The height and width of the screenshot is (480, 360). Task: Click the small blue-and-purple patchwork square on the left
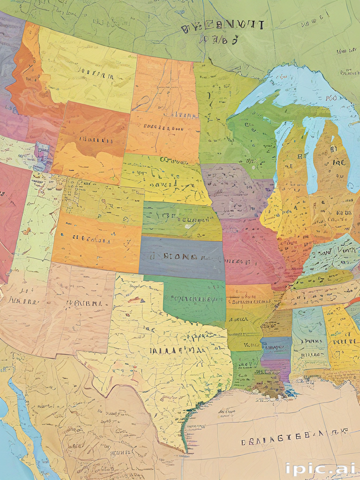(41, 156)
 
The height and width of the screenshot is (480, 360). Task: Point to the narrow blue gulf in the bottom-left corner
(28, 422)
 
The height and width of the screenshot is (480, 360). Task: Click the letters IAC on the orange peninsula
(339, 163)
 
